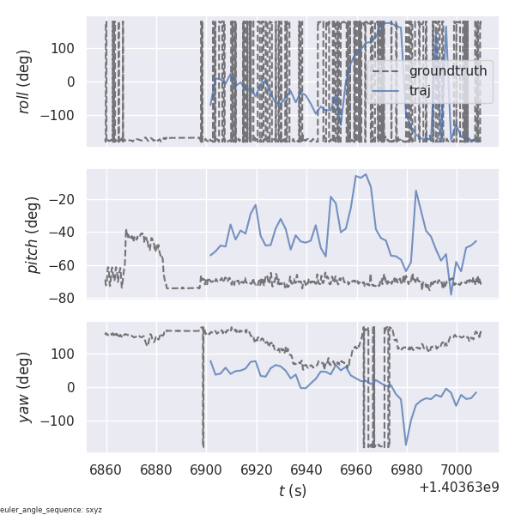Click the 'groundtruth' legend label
[x=447, y=70]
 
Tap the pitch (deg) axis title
[x=33, y=234]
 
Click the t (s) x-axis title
[x=293, y=491]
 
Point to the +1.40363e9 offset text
[x=458, y=488]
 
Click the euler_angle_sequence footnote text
[x=51, y=510]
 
